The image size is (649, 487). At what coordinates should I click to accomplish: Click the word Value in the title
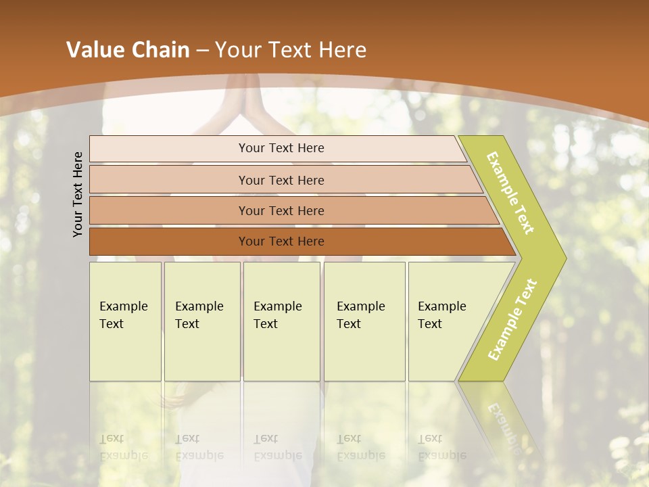pyautogui.click(x=94, y=50)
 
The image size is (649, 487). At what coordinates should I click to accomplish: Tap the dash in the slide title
pyautogui.click(x=202, y=51)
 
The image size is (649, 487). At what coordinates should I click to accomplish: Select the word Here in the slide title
pyautogui.click(x=342, y=50)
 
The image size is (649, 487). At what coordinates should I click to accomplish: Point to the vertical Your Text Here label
pyautogui.click(x=78, y=194)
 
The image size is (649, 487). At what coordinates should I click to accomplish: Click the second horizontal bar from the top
pyautogui.click(x=281, y=180)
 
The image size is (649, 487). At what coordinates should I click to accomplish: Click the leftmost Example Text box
pyautogui.click(x=125, y=321)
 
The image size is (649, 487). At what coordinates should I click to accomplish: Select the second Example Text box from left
pyautogui.click(x=202, y=321)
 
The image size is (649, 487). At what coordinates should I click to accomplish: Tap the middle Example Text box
pyautogui.click(x=281, y=321)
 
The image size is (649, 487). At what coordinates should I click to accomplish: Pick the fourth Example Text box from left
pyautogui.click(x=364, y=321)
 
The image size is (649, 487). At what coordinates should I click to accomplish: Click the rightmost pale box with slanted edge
pyautogui.click(x=446, y=321)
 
